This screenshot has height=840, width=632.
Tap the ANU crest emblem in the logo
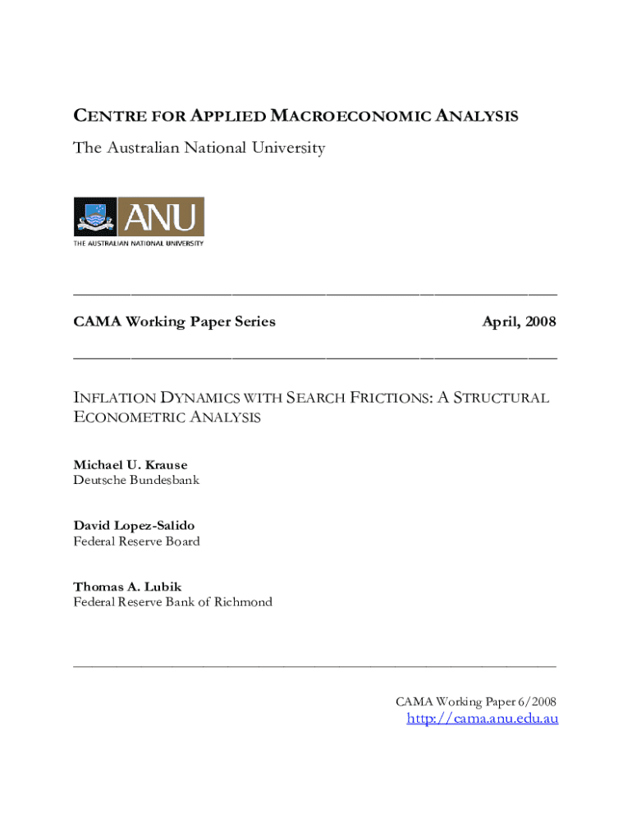pos(95,217)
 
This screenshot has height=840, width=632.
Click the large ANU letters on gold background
pos(161,217)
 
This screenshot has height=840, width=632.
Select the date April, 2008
pos(519,322)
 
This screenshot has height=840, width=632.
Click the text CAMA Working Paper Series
pos(174,322)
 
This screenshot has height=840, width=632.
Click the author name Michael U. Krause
pos(130,465)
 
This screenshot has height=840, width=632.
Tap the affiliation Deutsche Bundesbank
pos(136,480)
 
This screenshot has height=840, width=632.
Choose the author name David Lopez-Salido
pos(134,525)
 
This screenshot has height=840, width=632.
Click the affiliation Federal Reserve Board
pos(136,541)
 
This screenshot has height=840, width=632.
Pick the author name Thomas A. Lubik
pos(126,587)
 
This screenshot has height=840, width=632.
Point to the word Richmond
pos(243,602)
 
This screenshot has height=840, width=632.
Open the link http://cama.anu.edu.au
pos(483,719)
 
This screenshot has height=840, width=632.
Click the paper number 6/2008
pos(538,701)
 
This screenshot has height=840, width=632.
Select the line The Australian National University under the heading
pos(199,148)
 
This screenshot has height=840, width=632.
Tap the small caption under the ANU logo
pos(139,244)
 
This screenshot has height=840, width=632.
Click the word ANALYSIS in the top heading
pos(480,116)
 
